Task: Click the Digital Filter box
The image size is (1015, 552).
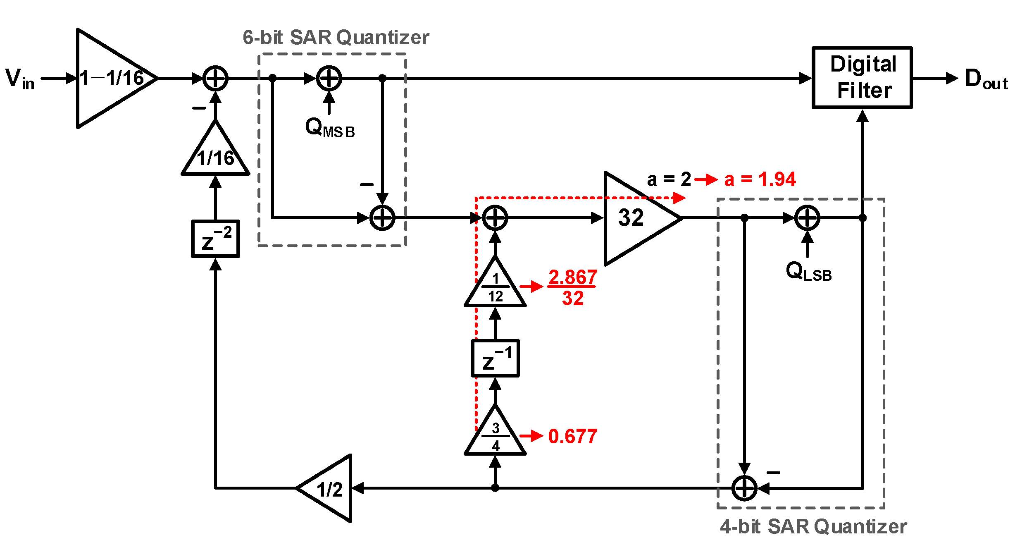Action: click(862, 77)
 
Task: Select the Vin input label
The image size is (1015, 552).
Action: click(19, 79)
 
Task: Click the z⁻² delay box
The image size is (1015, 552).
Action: click(215, 239)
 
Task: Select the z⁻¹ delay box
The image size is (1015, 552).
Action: click(495, 358)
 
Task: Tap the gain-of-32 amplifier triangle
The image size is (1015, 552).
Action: click(636, 218)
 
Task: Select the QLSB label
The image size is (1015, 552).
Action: click(808, 272)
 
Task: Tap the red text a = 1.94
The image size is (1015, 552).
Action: click(760, 179)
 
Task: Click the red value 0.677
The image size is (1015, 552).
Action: click(572, 436)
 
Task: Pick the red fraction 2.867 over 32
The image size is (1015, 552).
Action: click(572, 287)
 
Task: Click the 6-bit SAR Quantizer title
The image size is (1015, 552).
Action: click(336, 37)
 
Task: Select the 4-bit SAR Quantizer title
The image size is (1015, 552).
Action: click(813, 526)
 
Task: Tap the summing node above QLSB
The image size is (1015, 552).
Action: click(807, 218)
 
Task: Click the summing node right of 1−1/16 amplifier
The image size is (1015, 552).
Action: click(215, 78)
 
